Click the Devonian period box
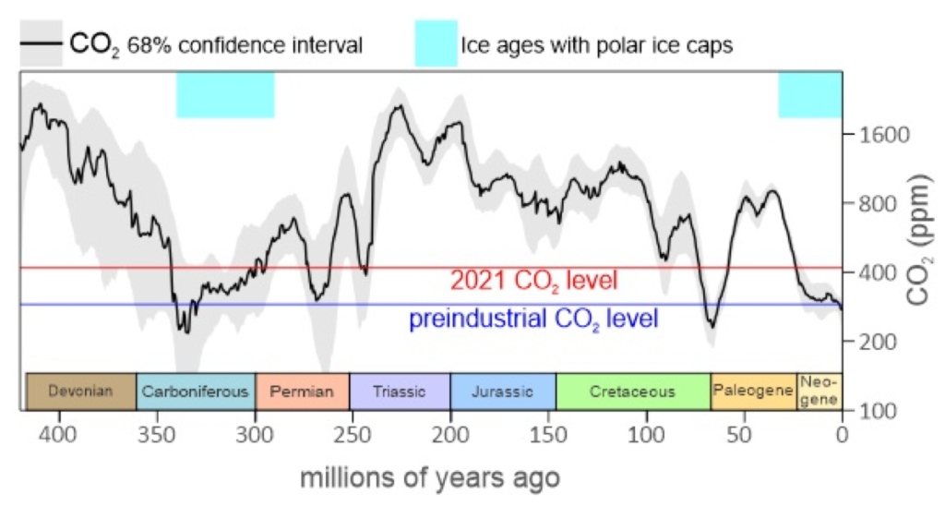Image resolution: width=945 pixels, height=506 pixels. pos(80,392)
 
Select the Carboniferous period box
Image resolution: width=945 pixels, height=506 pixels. pos(196,392)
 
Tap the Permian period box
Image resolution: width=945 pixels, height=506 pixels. pos(302,392)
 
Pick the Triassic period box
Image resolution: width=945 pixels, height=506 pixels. pos(400,392)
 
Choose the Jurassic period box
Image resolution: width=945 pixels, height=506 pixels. pos(503,392)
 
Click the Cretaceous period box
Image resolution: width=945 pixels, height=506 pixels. pos(633,392)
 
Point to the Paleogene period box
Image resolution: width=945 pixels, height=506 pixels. pos(753,392)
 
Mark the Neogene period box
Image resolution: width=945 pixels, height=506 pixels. pos(819,392)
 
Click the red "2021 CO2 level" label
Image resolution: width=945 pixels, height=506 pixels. pos(533,281)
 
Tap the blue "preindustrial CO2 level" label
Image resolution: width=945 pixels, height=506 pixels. pos(533,319)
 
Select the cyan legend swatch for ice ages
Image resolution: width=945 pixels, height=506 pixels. pos(436,45)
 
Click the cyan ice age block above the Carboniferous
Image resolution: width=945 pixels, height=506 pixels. pos(225,95)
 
